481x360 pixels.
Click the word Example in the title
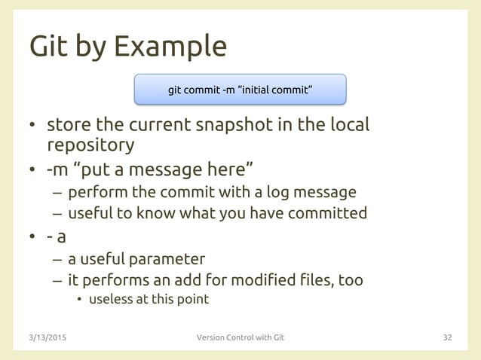(170, 47)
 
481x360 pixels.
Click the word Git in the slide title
(49, 47)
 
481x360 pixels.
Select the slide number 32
(447, 337)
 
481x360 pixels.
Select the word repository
(91, 145)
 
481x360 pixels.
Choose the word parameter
(167, 260)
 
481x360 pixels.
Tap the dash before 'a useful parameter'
(57, 260)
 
